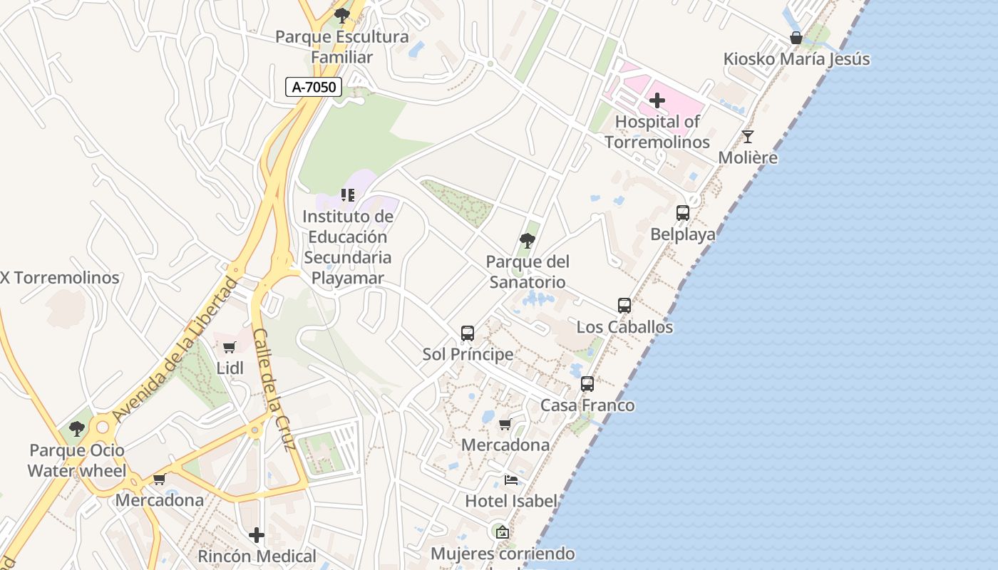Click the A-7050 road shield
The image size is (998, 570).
314,87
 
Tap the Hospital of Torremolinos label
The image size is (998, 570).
657,132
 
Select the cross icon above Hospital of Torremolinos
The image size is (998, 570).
657,100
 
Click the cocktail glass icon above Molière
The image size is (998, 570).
747,136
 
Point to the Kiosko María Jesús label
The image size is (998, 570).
796,58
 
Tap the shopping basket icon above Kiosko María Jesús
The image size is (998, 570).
796,38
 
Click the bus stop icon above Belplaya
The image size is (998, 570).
682,212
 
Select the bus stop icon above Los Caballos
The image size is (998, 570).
624,305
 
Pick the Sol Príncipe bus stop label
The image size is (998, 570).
468,354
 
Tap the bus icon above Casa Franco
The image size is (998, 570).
587,383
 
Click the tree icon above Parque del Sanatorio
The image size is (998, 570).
528,241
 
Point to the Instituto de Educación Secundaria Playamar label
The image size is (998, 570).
348,247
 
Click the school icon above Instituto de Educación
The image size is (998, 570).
348,195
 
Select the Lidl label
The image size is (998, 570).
230,368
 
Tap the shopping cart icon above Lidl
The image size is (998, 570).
229,347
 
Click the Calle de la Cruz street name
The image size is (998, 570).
274,390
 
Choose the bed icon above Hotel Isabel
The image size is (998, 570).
510,480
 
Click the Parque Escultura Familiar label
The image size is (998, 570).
342,47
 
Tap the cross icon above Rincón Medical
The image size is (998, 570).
257,534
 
